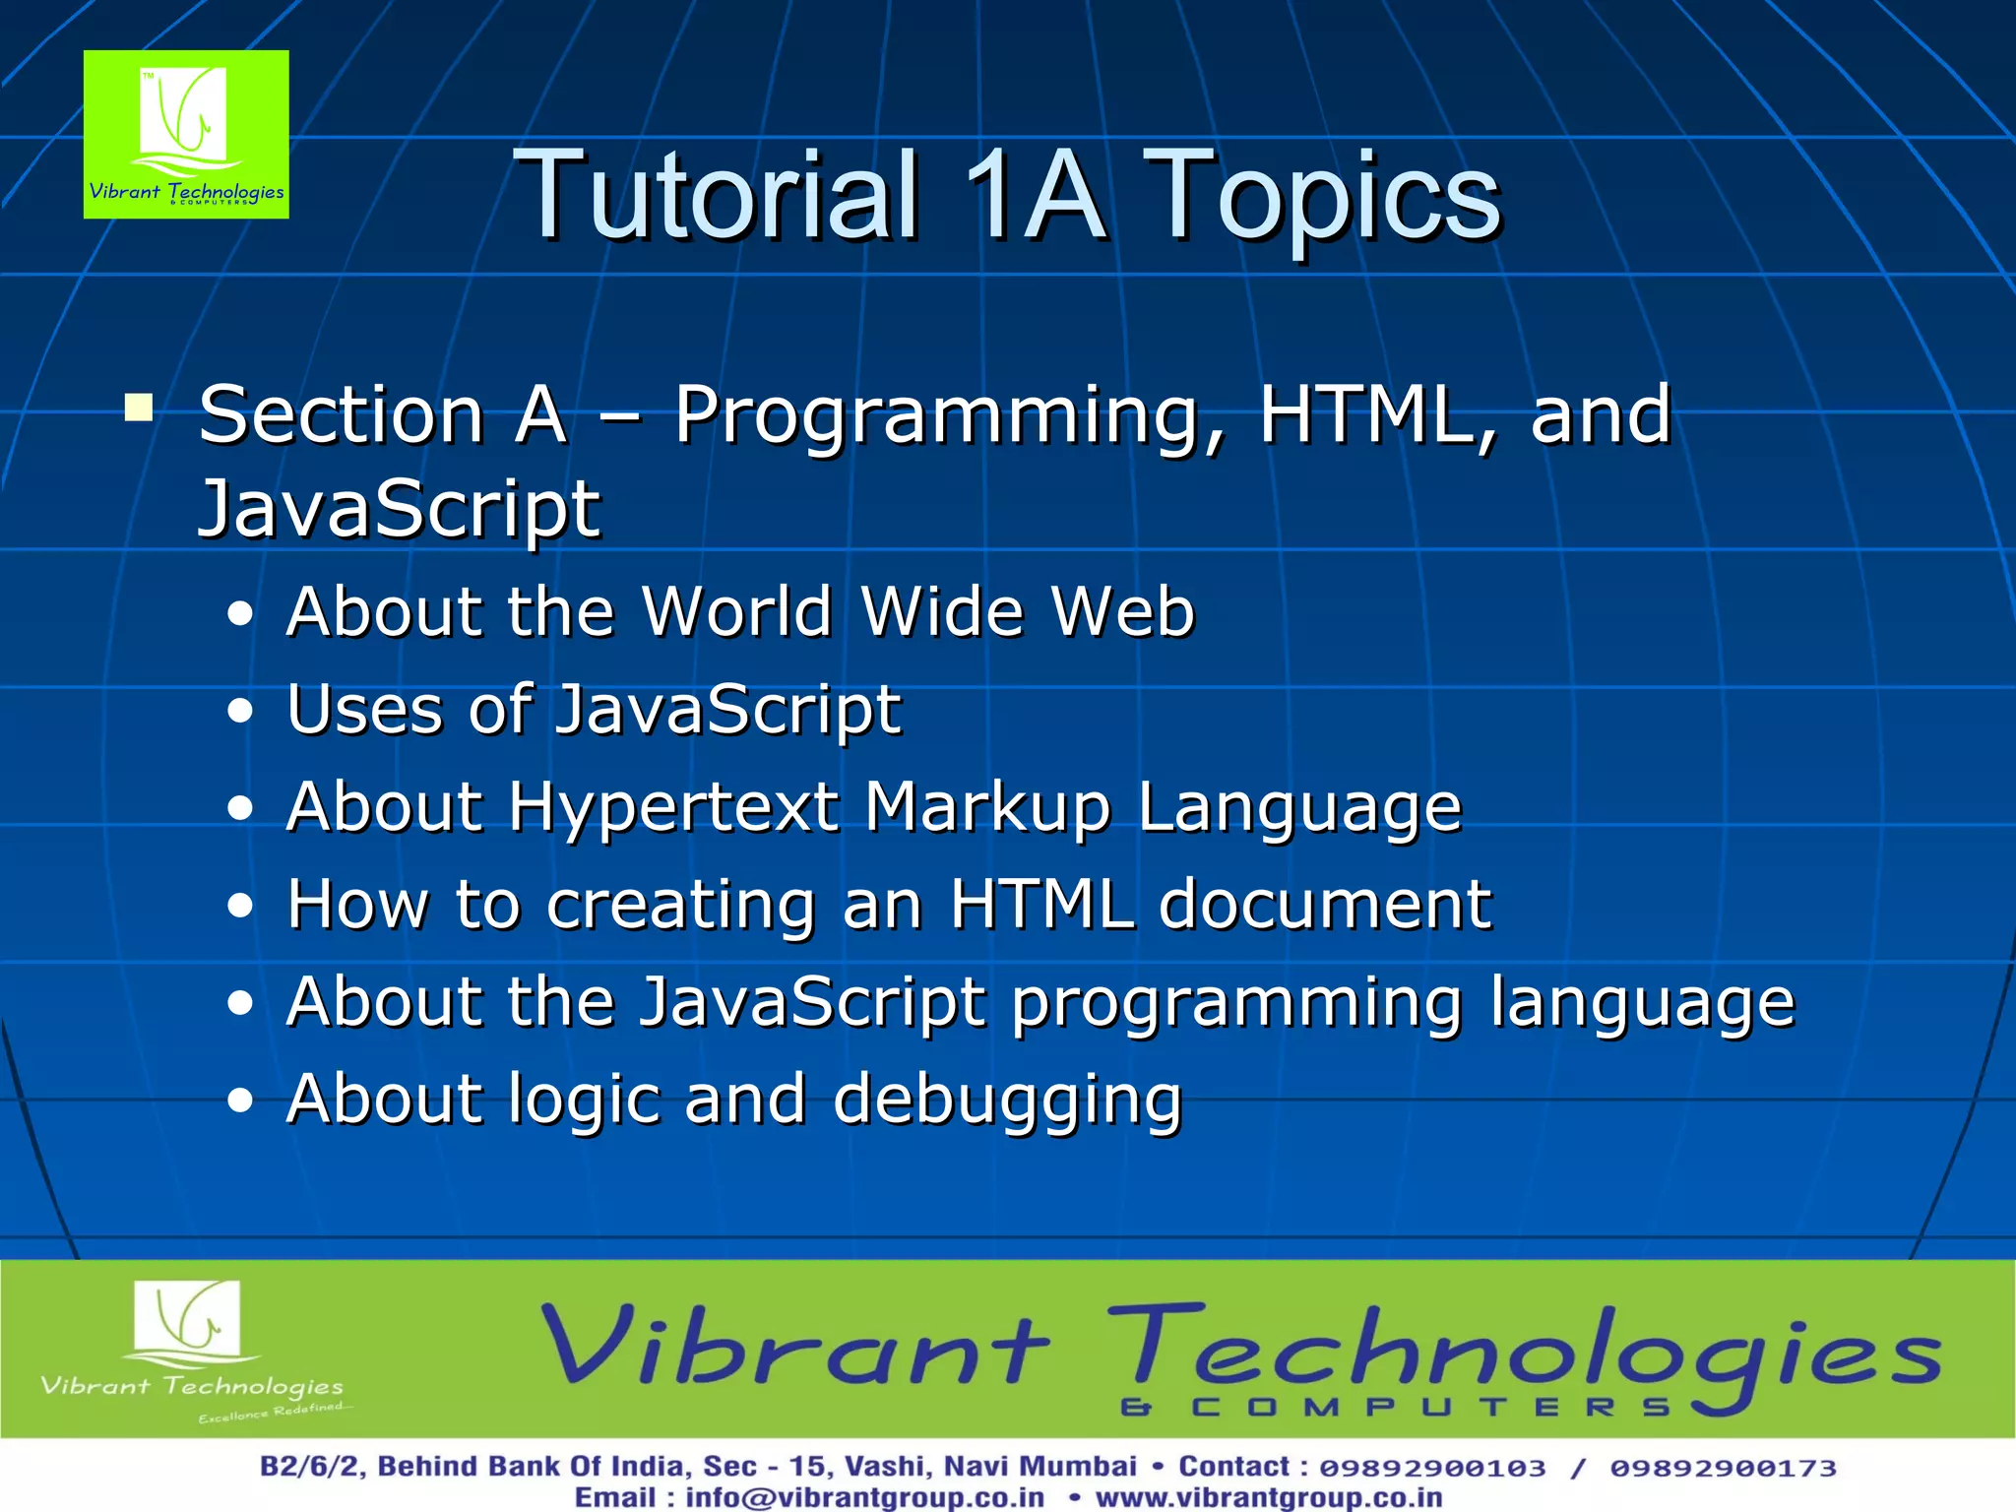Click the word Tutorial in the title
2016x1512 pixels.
717,195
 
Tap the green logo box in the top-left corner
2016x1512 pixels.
186,134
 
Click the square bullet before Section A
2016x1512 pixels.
139,408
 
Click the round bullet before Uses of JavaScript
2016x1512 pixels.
240,711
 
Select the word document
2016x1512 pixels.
1324,904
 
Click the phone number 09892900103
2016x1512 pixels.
1432,1468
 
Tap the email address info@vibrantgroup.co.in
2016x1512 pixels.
864,1497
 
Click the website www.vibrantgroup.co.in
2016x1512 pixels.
1269,1497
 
